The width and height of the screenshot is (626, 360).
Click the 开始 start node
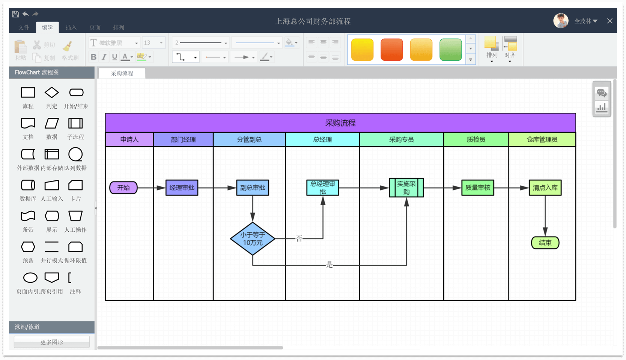tap(123, 187)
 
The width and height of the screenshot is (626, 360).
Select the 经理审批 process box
tap(182, 187)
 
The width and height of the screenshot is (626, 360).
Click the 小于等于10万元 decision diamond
tap(253, 238)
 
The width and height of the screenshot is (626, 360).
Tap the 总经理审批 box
tap(322, 187)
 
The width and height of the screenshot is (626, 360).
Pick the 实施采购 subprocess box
tap(406, 187)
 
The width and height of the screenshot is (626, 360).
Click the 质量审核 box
tap(477, 187)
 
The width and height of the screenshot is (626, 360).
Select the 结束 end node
tap(545, 243)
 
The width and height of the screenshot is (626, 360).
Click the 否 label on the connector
tap(299, 238)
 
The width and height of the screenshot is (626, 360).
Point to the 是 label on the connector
tap(329, 265)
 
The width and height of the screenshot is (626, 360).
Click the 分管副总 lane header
tap(249, 139)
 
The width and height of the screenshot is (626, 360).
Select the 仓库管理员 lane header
tap(542, 139)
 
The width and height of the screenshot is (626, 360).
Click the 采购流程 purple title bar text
tap(340, 123)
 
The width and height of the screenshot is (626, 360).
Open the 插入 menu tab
tap(71, 27)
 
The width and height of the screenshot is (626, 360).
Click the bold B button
tap(93, 57)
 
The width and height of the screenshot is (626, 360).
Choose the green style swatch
tap(450, 49)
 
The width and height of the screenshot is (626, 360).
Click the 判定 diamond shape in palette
tap(52, 93)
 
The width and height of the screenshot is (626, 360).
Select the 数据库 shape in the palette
tap(28, 185)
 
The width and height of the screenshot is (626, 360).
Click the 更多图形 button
tap(52, 342)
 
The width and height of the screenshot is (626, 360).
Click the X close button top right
tap(610, 21)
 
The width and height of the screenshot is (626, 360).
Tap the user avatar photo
tap(561, 21)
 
